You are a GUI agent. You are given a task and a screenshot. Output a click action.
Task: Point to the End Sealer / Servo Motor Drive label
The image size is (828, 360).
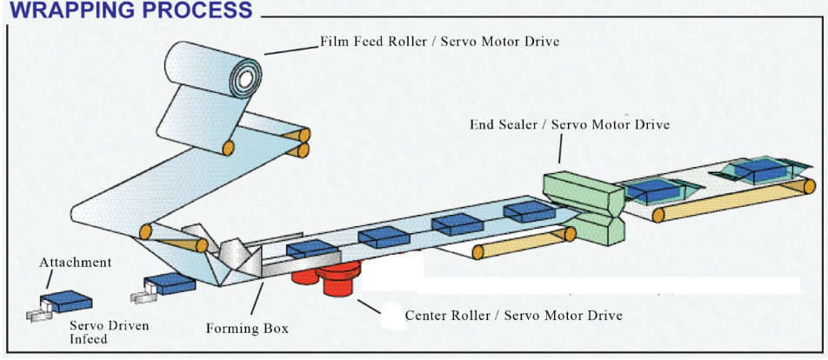570,124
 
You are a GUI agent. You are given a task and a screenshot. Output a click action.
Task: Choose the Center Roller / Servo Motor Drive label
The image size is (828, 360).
513,315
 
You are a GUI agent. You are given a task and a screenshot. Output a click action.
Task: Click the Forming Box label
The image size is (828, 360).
246,329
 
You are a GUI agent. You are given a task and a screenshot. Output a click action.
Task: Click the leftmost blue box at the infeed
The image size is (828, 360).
66,301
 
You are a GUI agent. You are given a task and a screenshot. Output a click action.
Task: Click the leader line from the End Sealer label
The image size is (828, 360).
559,150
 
